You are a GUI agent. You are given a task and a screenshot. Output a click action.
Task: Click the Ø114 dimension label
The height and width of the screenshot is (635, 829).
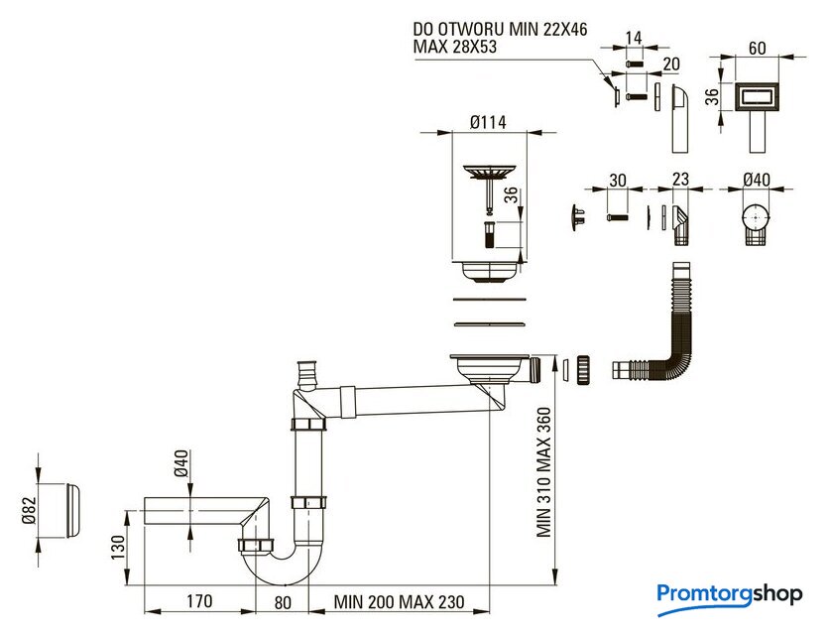pyautogui.click(x=488, y=122)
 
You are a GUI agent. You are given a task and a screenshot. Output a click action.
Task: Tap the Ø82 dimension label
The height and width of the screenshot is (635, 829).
pyautogui.click(x=29, y=511)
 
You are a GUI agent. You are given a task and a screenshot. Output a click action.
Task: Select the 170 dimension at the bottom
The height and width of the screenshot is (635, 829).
pyautogui.click(x=199, y=601)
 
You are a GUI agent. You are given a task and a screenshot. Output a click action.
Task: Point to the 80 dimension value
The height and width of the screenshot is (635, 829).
pyautogui.click(x=283, y=602)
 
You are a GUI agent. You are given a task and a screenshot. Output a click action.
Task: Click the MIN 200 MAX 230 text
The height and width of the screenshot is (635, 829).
pyautogui.click(x=400, y=601)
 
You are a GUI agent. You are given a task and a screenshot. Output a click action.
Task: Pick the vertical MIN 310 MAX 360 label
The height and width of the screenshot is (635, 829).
pyautogui.click(x=543, y=472)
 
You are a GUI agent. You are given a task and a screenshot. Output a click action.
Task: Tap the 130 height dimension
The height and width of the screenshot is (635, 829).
pyautogui.click(x=118, y=547)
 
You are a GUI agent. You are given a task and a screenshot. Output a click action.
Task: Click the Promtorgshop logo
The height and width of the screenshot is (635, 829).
pyautogui.click(x=730, y=597)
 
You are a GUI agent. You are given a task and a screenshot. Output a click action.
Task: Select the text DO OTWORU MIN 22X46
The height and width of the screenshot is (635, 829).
pyautogui.click(x=500, y=29)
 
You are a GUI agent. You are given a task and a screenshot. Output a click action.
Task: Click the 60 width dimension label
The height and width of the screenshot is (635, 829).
pyautogui.click(x=757, y=49)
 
